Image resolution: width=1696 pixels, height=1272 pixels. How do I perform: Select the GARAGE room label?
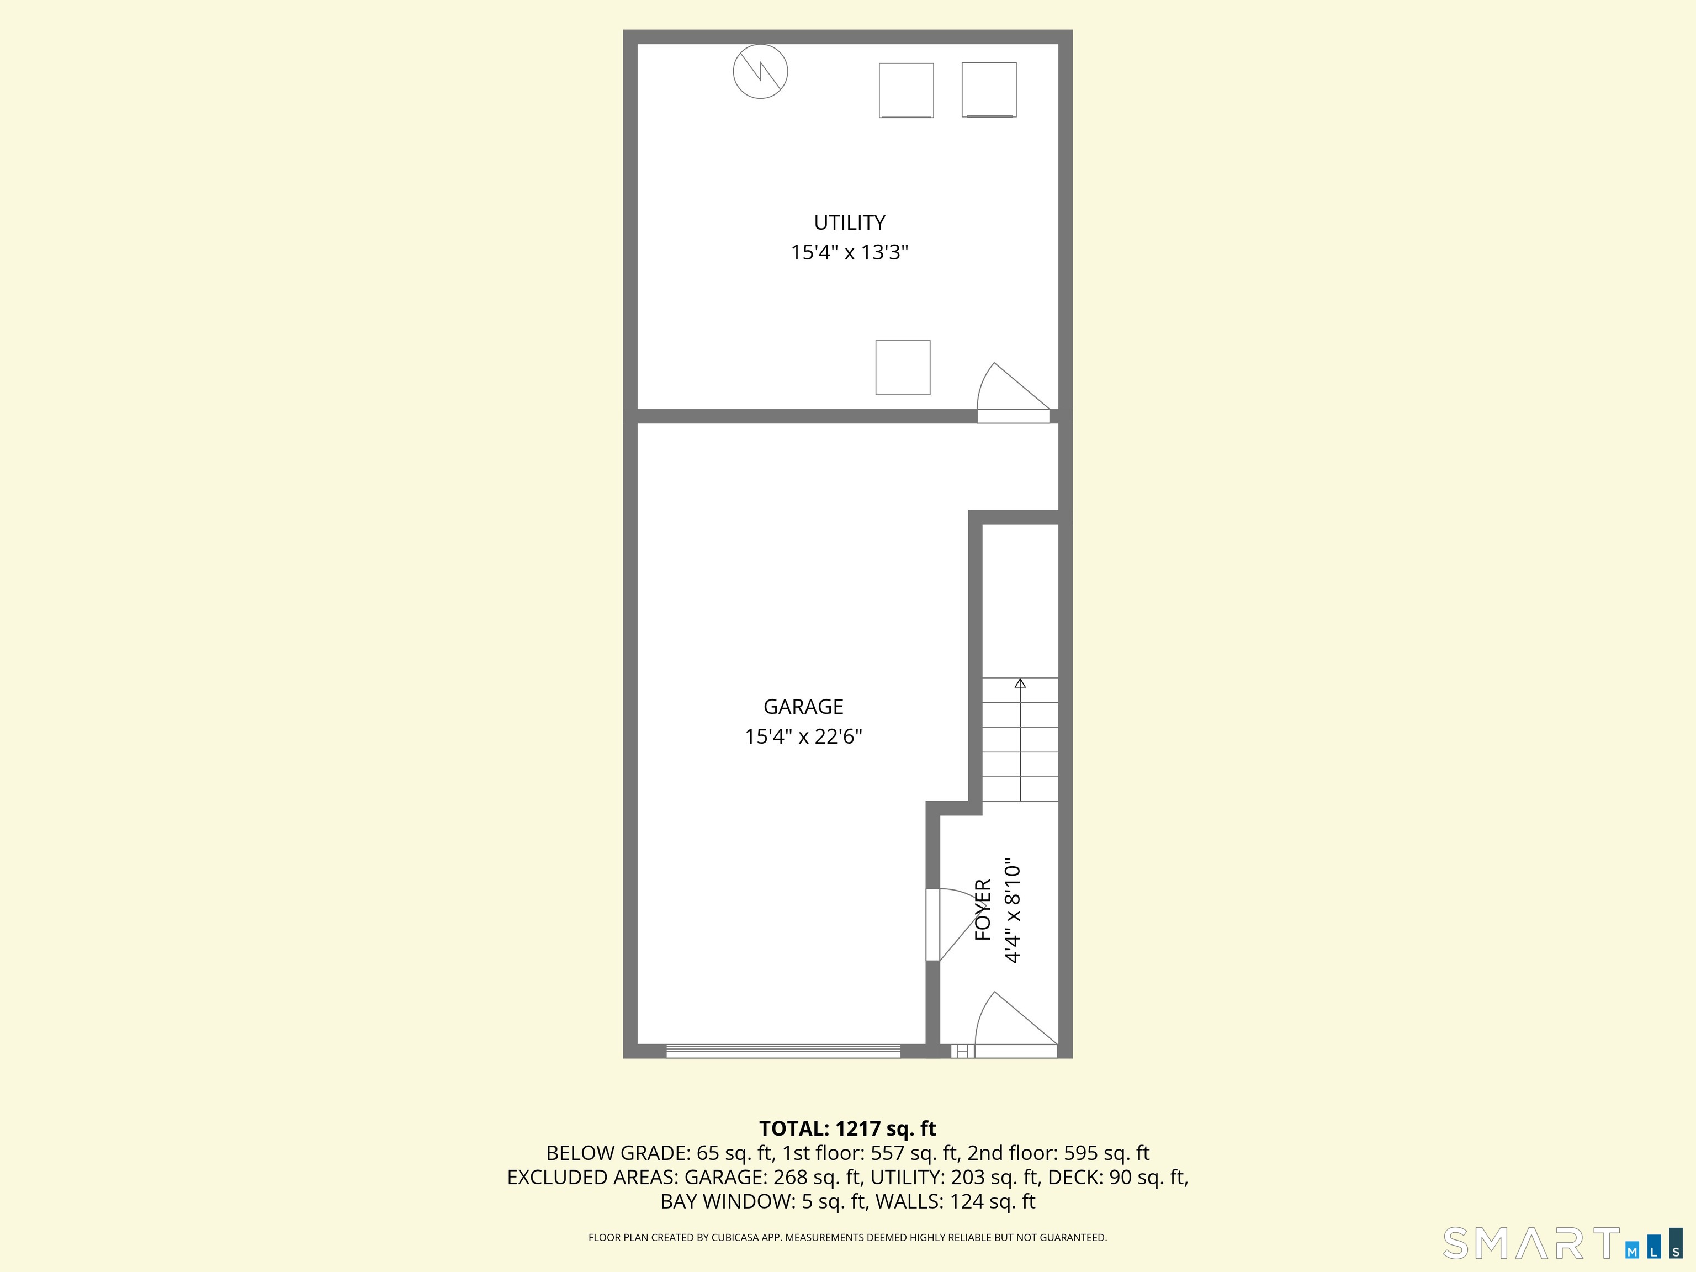click(x=803, y=706)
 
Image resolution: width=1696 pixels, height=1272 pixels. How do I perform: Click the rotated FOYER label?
click(x=983, y=910)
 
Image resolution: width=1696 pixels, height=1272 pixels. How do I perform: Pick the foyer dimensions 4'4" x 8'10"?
click(x=1013, y=910)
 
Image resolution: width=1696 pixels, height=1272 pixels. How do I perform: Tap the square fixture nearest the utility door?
click(x=903, y=367)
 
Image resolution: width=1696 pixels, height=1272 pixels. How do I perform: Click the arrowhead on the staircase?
click(x=1020, y=682)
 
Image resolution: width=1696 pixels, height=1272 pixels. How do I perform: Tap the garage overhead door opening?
click(x=783, y=1051)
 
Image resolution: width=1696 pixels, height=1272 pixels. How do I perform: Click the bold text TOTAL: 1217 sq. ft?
click(x=847, y=1128)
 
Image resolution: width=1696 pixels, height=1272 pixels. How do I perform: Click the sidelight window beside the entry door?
click(x=962, y=1051)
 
